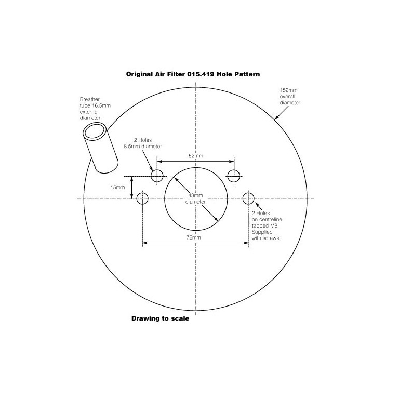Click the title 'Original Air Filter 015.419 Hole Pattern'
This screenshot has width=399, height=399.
[x=193, y=74]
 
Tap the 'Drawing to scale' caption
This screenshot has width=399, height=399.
[x=160, y=319]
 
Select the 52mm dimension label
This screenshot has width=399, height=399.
[x=196, y=155]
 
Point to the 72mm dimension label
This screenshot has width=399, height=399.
[x=193, y=237]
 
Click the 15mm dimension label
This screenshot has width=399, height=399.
[x=118, y=187]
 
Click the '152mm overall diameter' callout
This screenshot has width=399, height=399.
[x=290, y=96]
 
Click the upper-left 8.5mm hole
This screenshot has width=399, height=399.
[x=157, y=176]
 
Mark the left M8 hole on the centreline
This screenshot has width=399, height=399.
[x=143, y=198]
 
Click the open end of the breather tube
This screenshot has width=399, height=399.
[x=95, y=130]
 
